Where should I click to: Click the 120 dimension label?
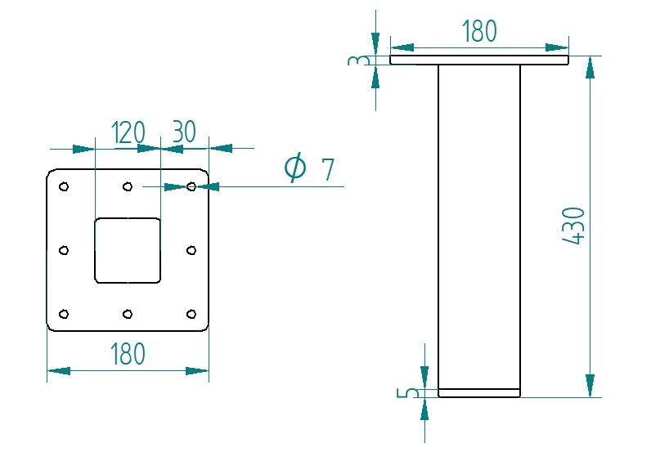[128, 132]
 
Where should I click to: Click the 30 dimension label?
[184, 132]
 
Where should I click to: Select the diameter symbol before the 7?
[294, 168]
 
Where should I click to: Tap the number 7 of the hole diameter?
[327, 170]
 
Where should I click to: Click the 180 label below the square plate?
[128, 354]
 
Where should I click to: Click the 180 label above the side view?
[478, 31]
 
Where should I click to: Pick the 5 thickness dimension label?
[412, 393]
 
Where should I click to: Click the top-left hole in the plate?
[64, 187]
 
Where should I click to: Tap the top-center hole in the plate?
[128, 187]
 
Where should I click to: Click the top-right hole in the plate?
[191, 187]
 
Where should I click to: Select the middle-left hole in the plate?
[64, 250]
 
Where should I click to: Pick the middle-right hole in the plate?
[191, 250]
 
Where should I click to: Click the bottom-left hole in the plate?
[64, 314]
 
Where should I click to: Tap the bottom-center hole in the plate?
[128, 314]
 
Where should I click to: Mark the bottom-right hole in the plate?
[191, 314]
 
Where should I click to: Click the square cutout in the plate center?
[128, 250]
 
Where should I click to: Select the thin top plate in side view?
[478, 60]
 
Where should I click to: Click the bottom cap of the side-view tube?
[479, 393]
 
